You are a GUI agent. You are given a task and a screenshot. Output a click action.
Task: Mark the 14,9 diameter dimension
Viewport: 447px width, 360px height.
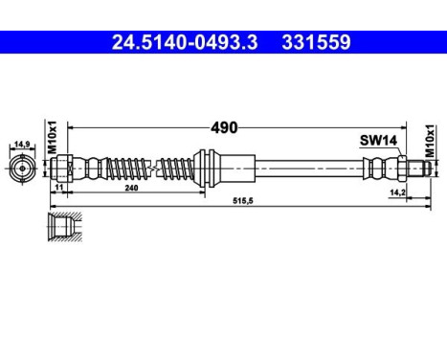20,146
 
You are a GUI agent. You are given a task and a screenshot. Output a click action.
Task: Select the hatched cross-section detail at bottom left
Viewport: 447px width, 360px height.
60,227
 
